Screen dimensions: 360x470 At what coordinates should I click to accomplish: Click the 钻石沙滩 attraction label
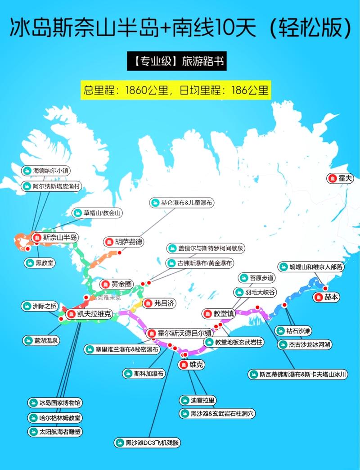coord(298,331)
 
